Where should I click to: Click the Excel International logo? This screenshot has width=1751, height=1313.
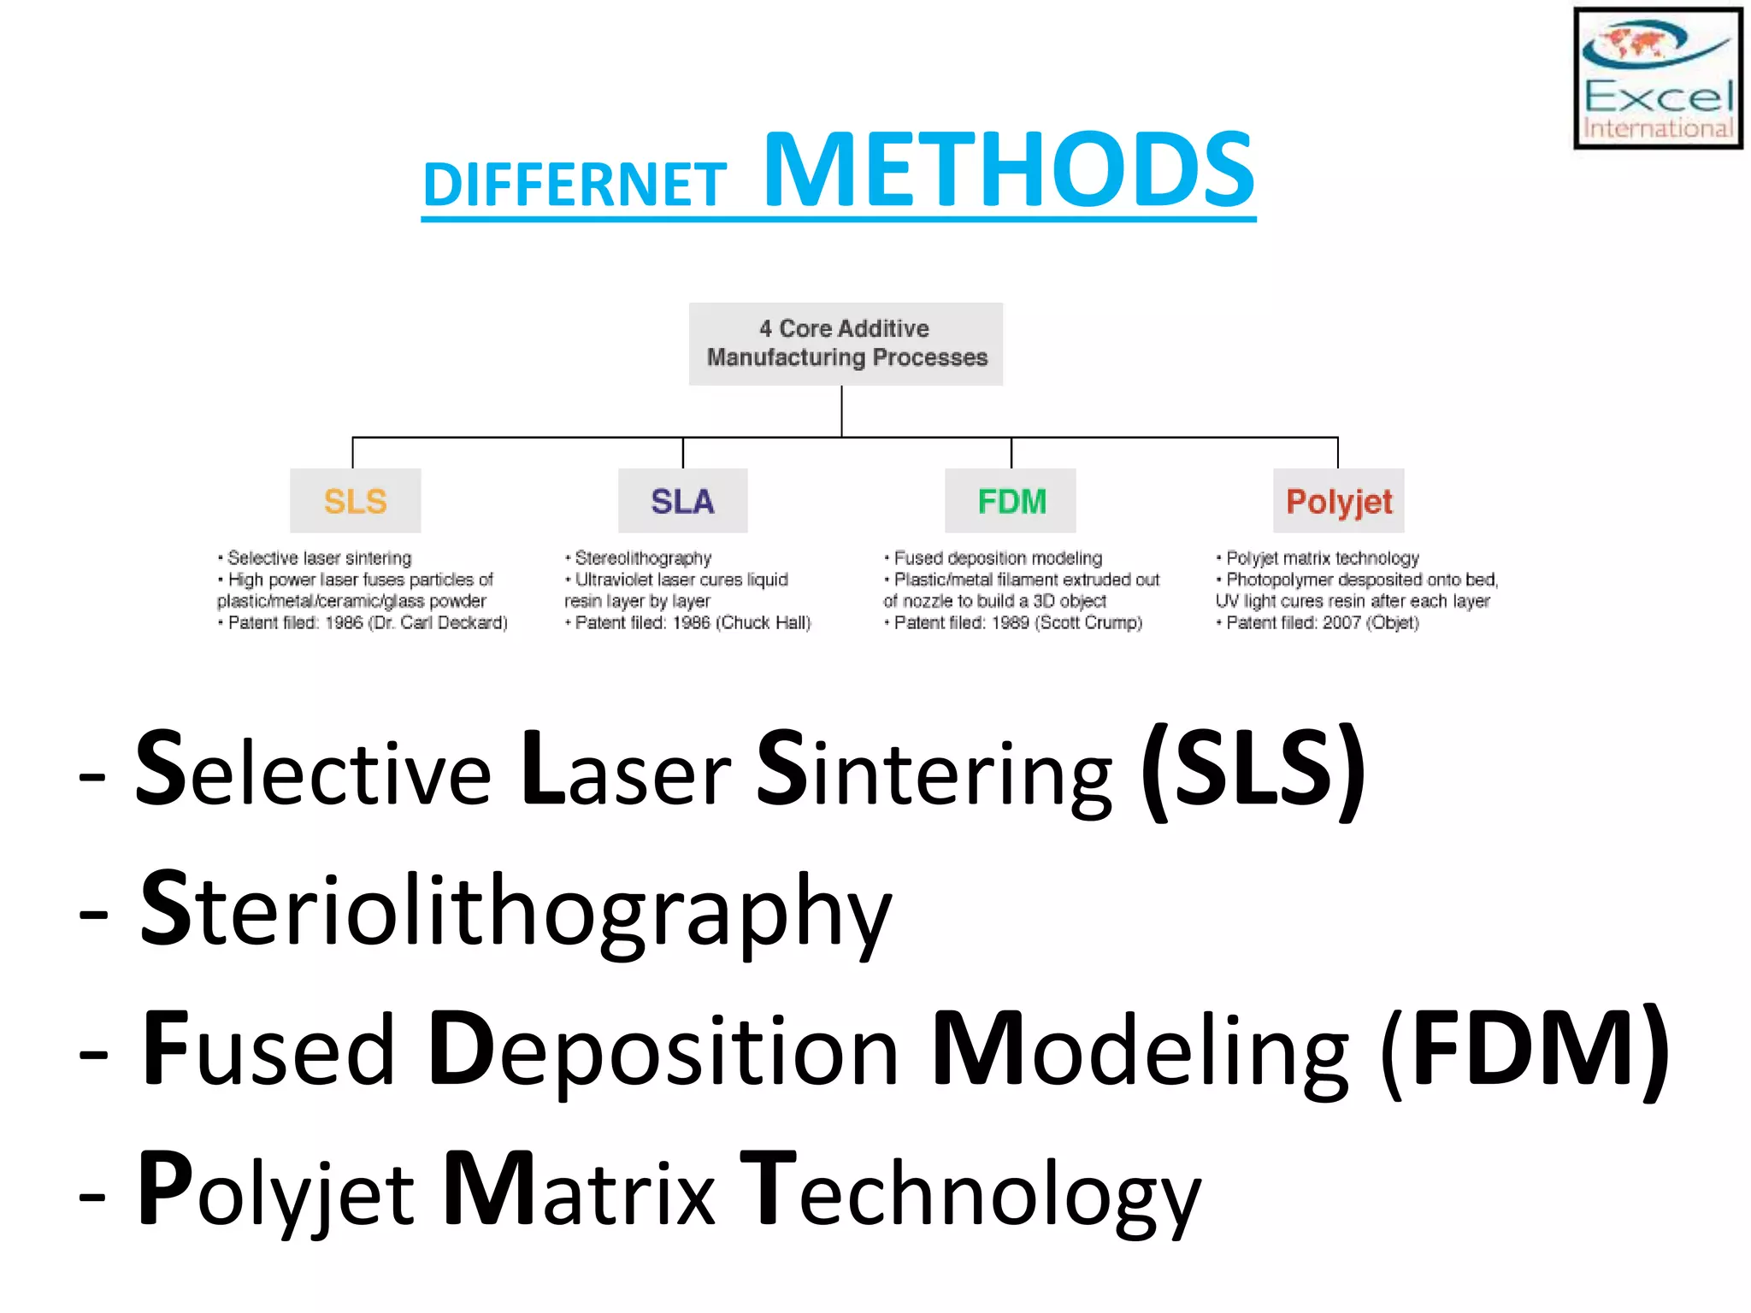click(x=1657, y=79)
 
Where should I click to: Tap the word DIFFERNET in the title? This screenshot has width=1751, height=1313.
click(x=575, y=185)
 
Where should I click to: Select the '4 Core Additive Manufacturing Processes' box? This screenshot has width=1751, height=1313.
click(x=846, y=344)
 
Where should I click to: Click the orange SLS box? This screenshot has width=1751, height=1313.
click(x=355, y=501)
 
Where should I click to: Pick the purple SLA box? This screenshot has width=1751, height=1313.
click(x=682, y=501)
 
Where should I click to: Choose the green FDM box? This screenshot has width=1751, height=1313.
click(x=1011, y=501)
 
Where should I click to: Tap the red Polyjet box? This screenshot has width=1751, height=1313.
click(x=1338, y=501)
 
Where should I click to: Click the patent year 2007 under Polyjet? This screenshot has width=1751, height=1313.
click(x=1341, y=623)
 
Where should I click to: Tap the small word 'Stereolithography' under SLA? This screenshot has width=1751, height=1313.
click(x=643, y=558)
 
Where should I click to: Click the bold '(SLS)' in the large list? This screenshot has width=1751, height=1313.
click(x=1253, y=769)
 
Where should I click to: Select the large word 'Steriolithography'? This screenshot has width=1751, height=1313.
click(x=516, y=911)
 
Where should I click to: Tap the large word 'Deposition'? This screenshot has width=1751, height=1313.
click(x=663, y=1052)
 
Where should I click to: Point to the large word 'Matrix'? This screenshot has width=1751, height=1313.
click(x=580, y=1191)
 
